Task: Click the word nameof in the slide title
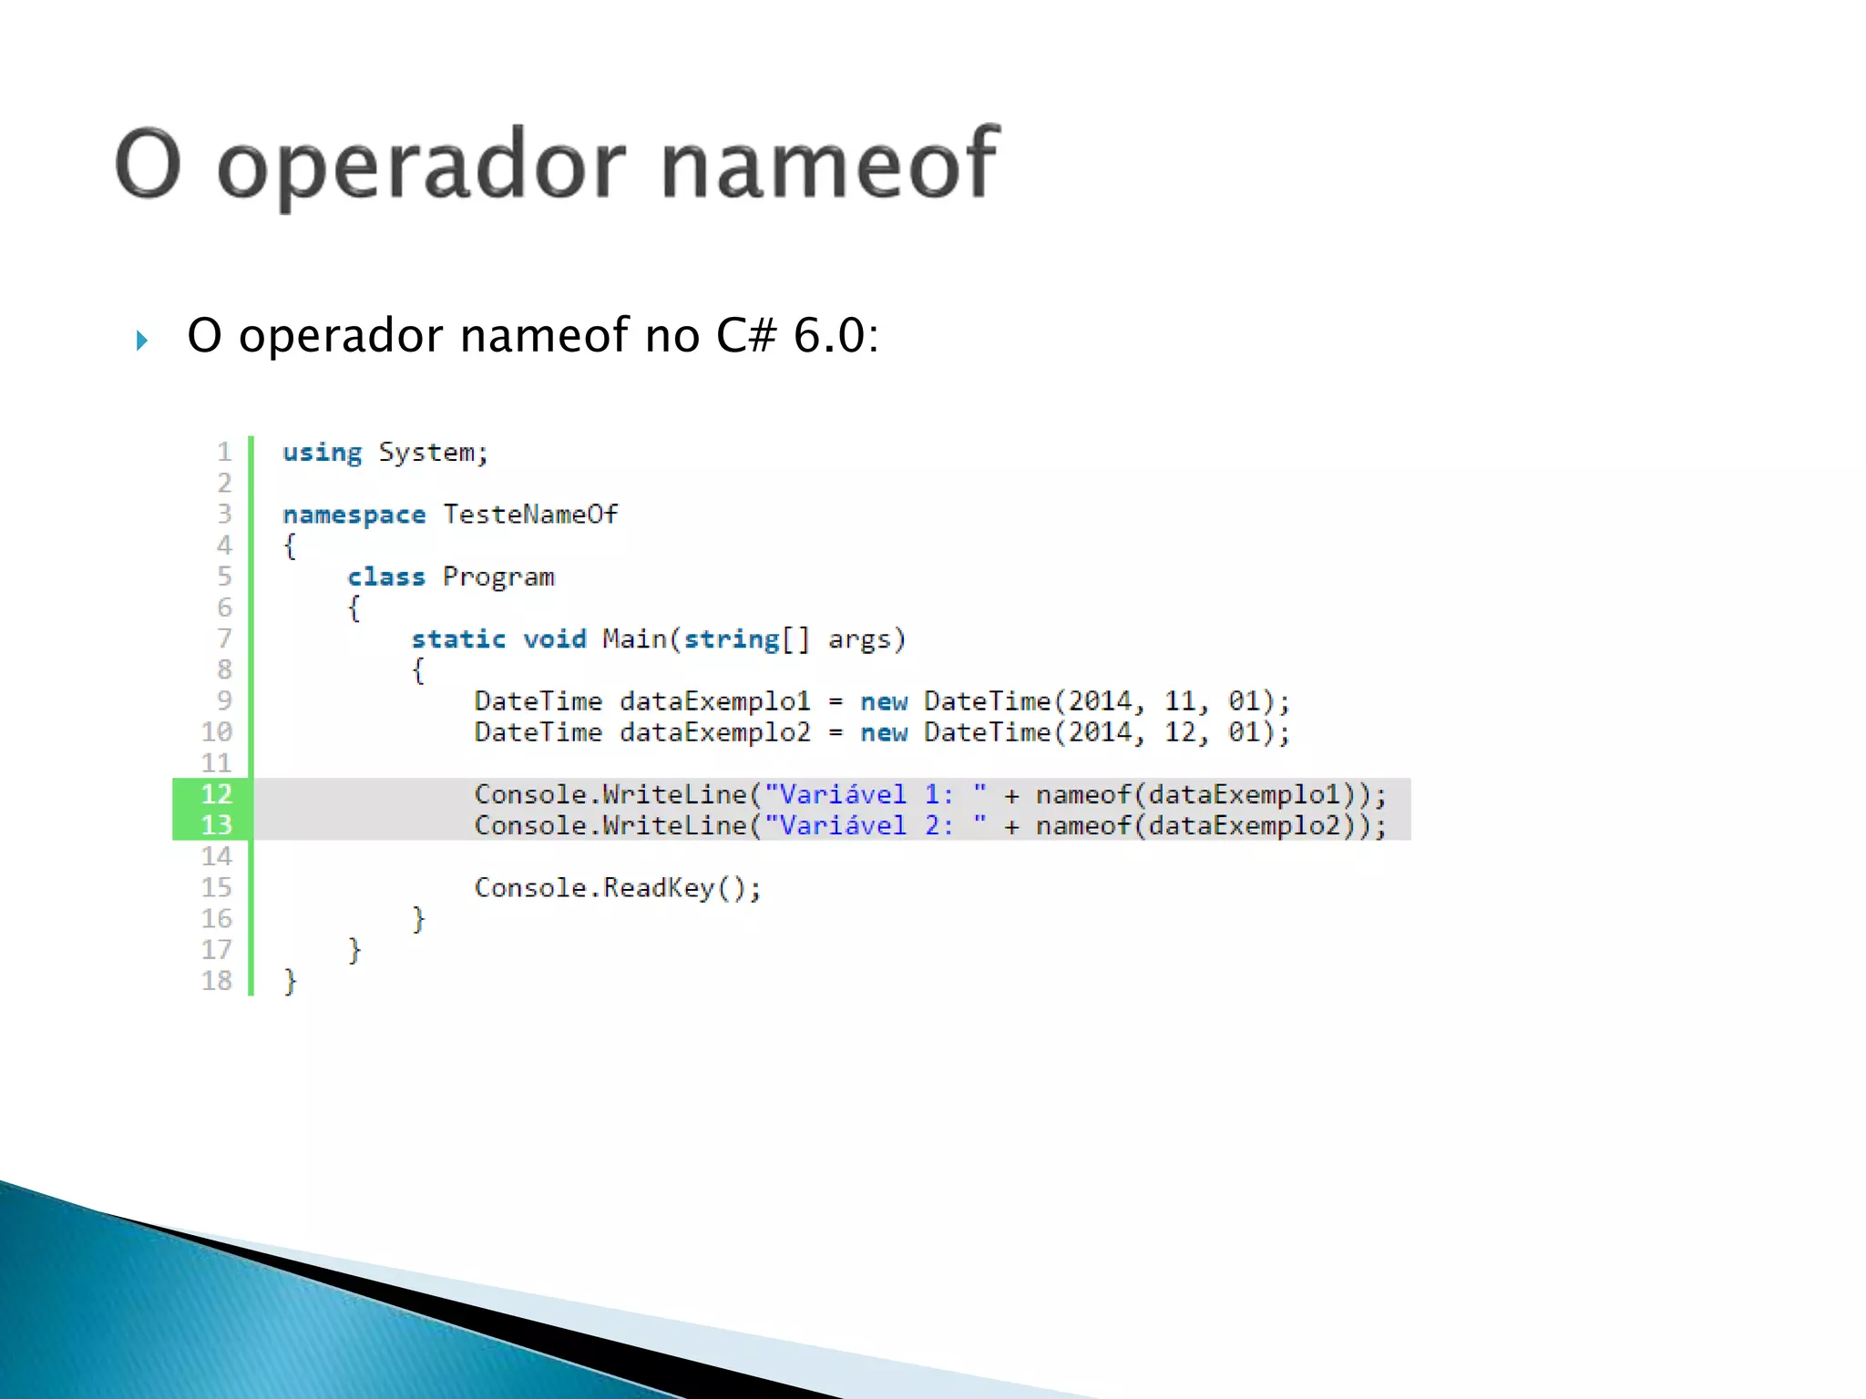829,164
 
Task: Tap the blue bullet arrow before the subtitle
141,341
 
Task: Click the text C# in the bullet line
745,335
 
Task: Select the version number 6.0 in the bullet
828,335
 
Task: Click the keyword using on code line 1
322,453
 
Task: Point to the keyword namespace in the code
354,515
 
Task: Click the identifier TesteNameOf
530,515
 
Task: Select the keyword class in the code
386,577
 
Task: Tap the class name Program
498,577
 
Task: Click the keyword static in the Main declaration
458,639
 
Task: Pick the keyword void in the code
555,639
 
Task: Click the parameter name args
859,639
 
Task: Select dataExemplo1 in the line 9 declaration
714,701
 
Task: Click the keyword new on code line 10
884,732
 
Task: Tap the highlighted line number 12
216,794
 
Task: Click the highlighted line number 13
216,825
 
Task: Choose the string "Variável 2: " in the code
876,826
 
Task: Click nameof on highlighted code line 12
1083,795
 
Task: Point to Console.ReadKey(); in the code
618,888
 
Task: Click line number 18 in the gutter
217,981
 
